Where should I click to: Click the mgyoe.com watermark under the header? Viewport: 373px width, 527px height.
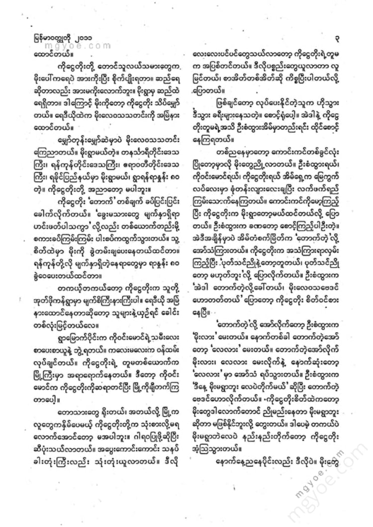click(86, 44)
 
